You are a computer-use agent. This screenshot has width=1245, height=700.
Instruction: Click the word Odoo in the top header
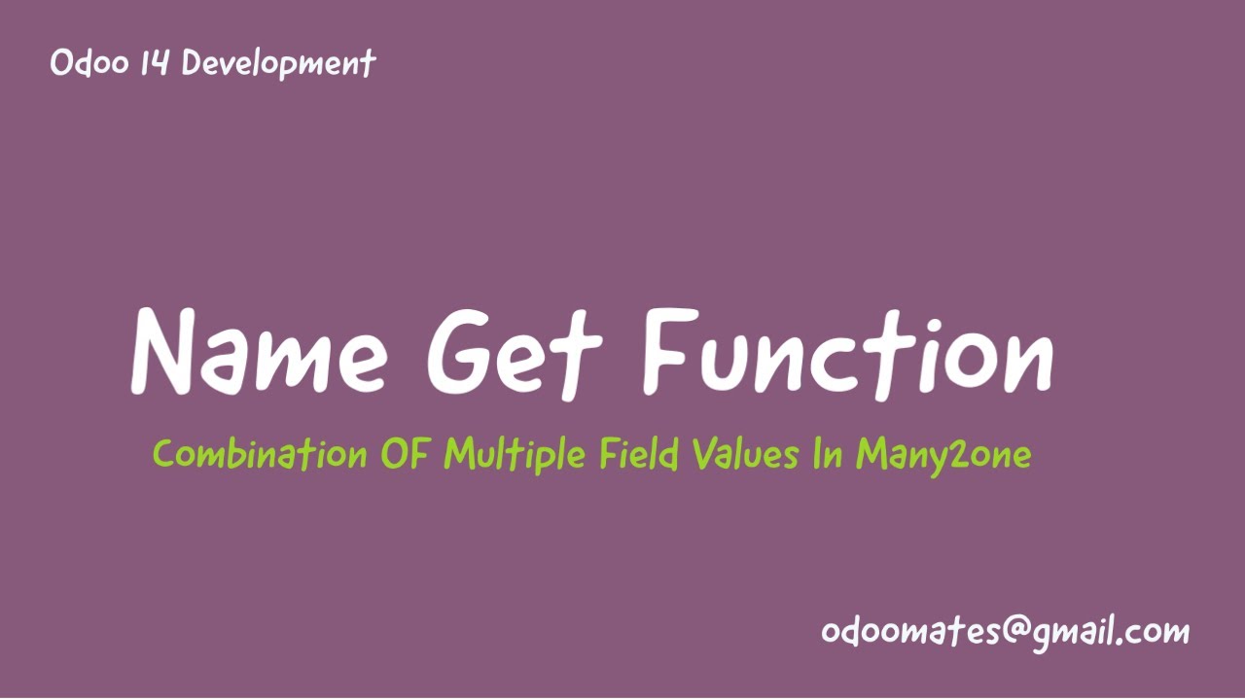83,64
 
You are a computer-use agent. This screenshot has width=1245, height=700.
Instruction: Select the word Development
278,64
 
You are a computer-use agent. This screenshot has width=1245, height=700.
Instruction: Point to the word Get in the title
516,352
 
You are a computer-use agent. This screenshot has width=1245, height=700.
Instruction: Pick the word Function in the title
847,352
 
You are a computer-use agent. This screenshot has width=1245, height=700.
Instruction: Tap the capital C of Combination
164,454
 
